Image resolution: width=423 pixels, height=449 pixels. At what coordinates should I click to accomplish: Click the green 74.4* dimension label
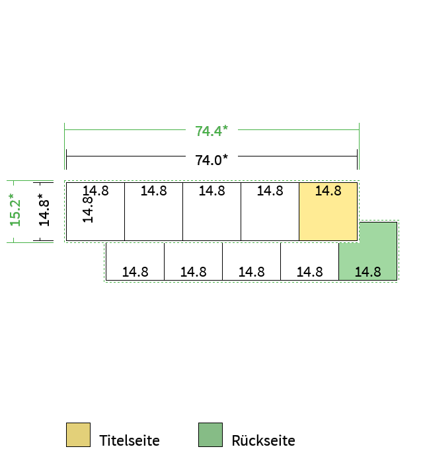click(x=211, y=131)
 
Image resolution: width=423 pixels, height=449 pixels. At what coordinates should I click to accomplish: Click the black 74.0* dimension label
click(x=211, y=160)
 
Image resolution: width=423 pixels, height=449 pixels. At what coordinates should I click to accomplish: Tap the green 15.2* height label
click(x=15, y=210)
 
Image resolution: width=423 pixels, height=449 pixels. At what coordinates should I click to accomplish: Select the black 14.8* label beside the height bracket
click(x=44, y=210)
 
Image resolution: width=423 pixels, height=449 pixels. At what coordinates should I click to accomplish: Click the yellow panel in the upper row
click(x=328, y=211)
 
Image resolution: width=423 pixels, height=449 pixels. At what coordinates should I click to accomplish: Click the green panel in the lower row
click(x=368, y=251)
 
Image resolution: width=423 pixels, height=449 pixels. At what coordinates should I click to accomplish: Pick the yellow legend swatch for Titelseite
click(x=78, y=434)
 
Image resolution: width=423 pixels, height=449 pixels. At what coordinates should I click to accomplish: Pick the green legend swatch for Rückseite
click(x=210, y=434)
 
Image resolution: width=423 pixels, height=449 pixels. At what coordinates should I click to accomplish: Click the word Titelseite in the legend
click(x=130, y=440)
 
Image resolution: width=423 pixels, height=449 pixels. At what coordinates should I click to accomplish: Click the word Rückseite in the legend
click(x=263, y=440)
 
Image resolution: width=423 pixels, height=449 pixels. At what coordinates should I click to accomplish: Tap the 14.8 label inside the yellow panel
click(x=328, y=191)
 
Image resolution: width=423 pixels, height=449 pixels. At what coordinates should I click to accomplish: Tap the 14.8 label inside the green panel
click(x=368, y=272)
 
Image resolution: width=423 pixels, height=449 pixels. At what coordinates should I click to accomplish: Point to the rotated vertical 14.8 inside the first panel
click(x=88, y=209)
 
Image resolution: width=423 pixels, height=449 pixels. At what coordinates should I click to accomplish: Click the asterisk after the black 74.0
click(x=225, y=156)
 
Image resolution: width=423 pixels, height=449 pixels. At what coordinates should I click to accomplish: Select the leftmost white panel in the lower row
click(x=135, y=261)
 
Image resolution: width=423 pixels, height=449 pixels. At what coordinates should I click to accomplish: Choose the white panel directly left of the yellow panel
click(x=270, y=211)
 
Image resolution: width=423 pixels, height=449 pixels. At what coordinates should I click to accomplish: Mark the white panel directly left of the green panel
click(x=309, y=261)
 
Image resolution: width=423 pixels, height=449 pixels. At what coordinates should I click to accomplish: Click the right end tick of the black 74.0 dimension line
click(x=358, y=160)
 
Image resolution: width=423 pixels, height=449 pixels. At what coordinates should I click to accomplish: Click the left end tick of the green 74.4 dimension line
click(x=65, y=146)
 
